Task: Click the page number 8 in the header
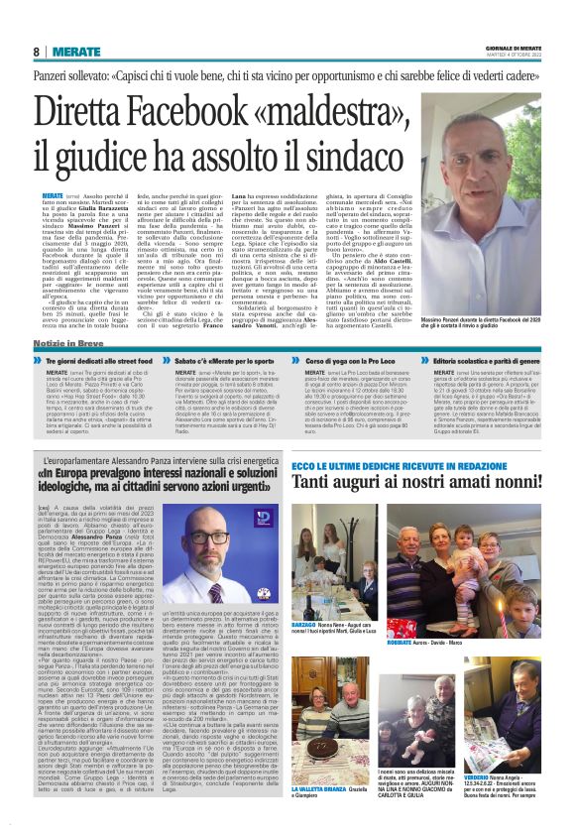(36, 52)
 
